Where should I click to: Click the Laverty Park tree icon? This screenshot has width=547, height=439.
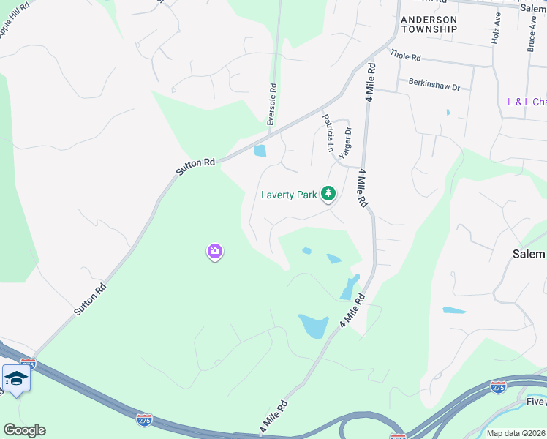pos(329,193)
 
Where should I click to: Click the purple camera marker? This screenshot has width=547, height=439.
pos(214,252)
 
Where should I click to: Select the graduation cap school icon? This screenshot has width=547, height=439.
pos(15,378)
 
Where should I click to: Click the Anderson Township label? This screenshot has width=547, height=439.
pos(428,24)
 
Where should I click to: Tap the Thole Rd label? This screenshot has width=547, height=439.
pos(406,55)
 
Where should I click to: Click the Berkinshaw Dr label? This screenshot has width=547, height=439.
pos(434,86)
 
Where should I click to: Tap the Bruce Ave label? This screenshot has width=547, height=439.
pos(529,33)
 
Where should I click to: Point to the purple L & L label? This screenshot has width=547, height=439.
pos(527,102)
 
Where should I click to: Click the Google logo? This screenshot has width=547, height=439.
pos(24,430)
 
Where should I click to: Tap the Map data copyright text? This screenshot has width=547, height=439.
pos(516,433)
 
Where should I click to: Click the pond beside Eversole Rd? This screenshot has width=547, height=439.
pos(259,151)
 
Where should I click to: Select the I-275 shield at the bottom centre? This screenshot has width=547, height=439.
pos(144,419)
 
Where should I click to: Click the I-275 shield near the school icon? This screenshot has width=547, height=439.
pos(28,364)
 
